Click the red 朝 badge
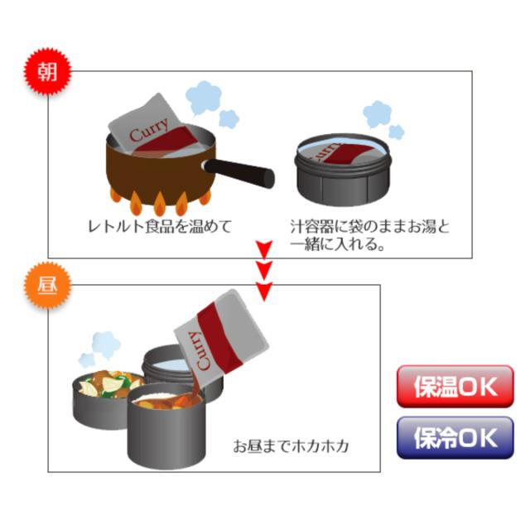[47, 71]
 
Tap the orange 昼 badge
[47, 285]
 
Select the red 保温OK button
[455, 387]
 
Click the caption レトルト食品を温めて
[160, 226]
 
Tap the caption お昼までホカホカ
[291, 446]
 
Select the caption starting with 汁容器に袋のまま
[370, 235]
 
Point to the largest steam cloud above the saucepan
[205, 98]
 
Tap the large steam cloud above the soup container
[377, 114]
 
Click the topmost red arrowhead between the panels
[264, 248]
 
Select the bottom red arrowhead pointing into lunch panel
[264, 291]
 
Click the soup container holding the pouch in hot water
[342, 169]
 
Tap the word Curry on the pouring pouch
[202, 351]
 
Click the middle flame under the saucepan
[160, 204]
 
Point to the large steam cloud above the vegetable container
[106, 344]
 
